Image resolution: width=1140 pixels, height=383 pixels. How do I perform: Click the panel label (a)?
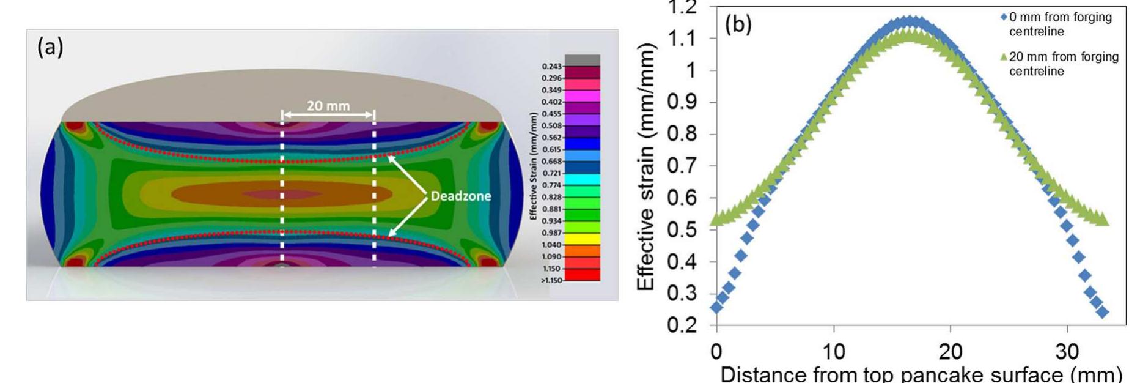50,47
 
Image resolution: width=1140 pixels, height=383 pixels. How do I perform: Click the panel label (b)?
738,25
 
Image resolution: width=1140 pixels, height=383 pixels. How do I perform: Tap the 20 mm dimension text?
328,106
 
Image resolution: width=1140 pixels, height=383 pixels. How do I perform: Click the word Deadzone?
460,196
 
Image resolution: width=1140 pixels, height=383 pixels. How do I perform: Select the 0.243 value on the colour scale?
551,66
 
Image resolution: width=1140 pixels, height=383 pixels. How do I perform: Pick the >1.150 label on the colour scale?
551,280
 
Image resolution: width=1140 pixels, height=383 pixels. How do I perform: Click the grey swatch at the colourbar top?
582,60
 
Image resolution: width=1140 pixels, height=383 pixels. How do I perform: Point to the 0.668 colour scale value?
551,162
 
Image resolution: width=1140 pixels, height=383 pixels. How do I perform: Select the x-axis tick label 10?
833,352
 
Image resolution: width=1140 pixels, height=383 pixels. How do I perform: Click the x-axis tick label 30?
1067,352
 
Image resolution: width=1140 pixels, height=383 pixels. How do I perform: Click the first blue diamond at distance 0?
716,307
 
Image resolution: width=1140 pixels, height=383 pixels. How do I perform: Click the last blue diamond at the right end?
1103,312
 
